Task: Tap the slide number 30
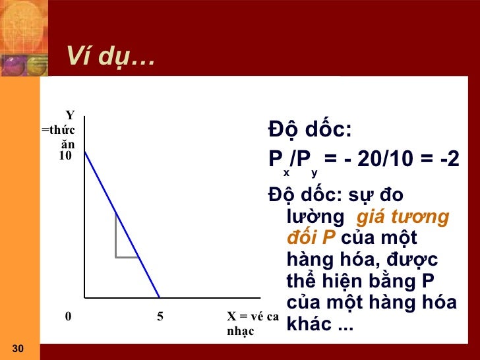18,348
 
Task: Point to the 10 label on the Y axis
65,156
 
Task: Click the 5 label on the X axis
160,316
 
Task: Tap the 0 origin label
68,316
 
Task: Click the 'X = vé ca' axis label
253,316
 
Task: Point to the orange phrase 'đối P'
312,237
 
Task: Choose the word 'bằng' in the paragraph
371,281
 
